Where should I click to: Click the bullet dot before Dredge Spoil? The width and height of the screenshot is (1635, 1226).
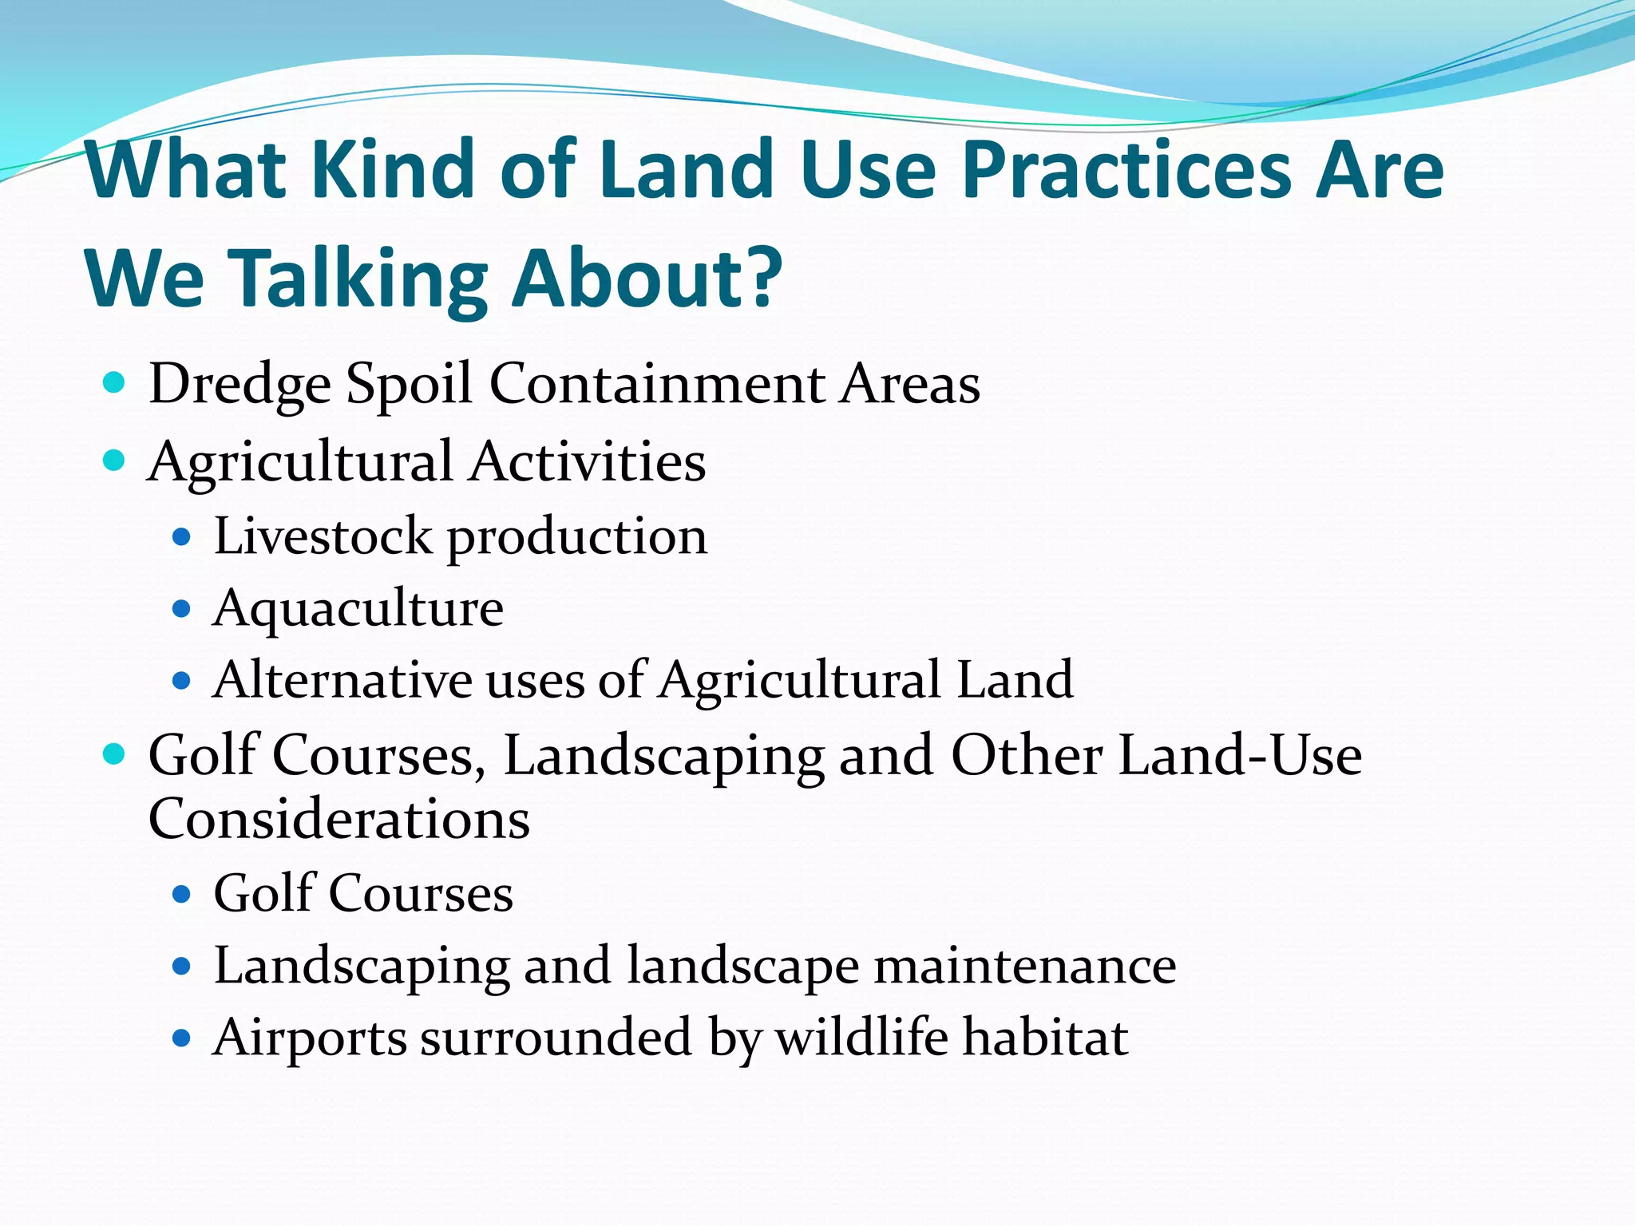click(114, 383)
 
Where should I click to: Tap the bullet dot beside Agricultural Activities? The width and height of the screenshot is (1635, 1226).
click(114, 461)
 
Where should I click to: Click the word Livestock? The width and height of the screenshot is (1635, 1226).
click(323, 536)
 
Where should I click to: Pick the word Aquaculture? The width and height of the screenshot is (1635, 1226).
click(358, 610)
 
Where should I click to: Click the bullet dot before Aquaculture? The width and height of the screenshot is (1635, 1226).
click(181, 610)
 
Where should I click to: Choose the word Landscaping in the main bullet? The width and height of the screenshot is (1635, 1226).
click(663, 756)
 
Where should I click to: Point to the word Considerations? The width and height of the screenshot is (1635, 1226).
click(338, 819)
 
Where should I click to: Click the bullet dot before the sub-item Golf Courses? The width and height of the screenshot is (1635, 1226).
click(181, 894)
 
